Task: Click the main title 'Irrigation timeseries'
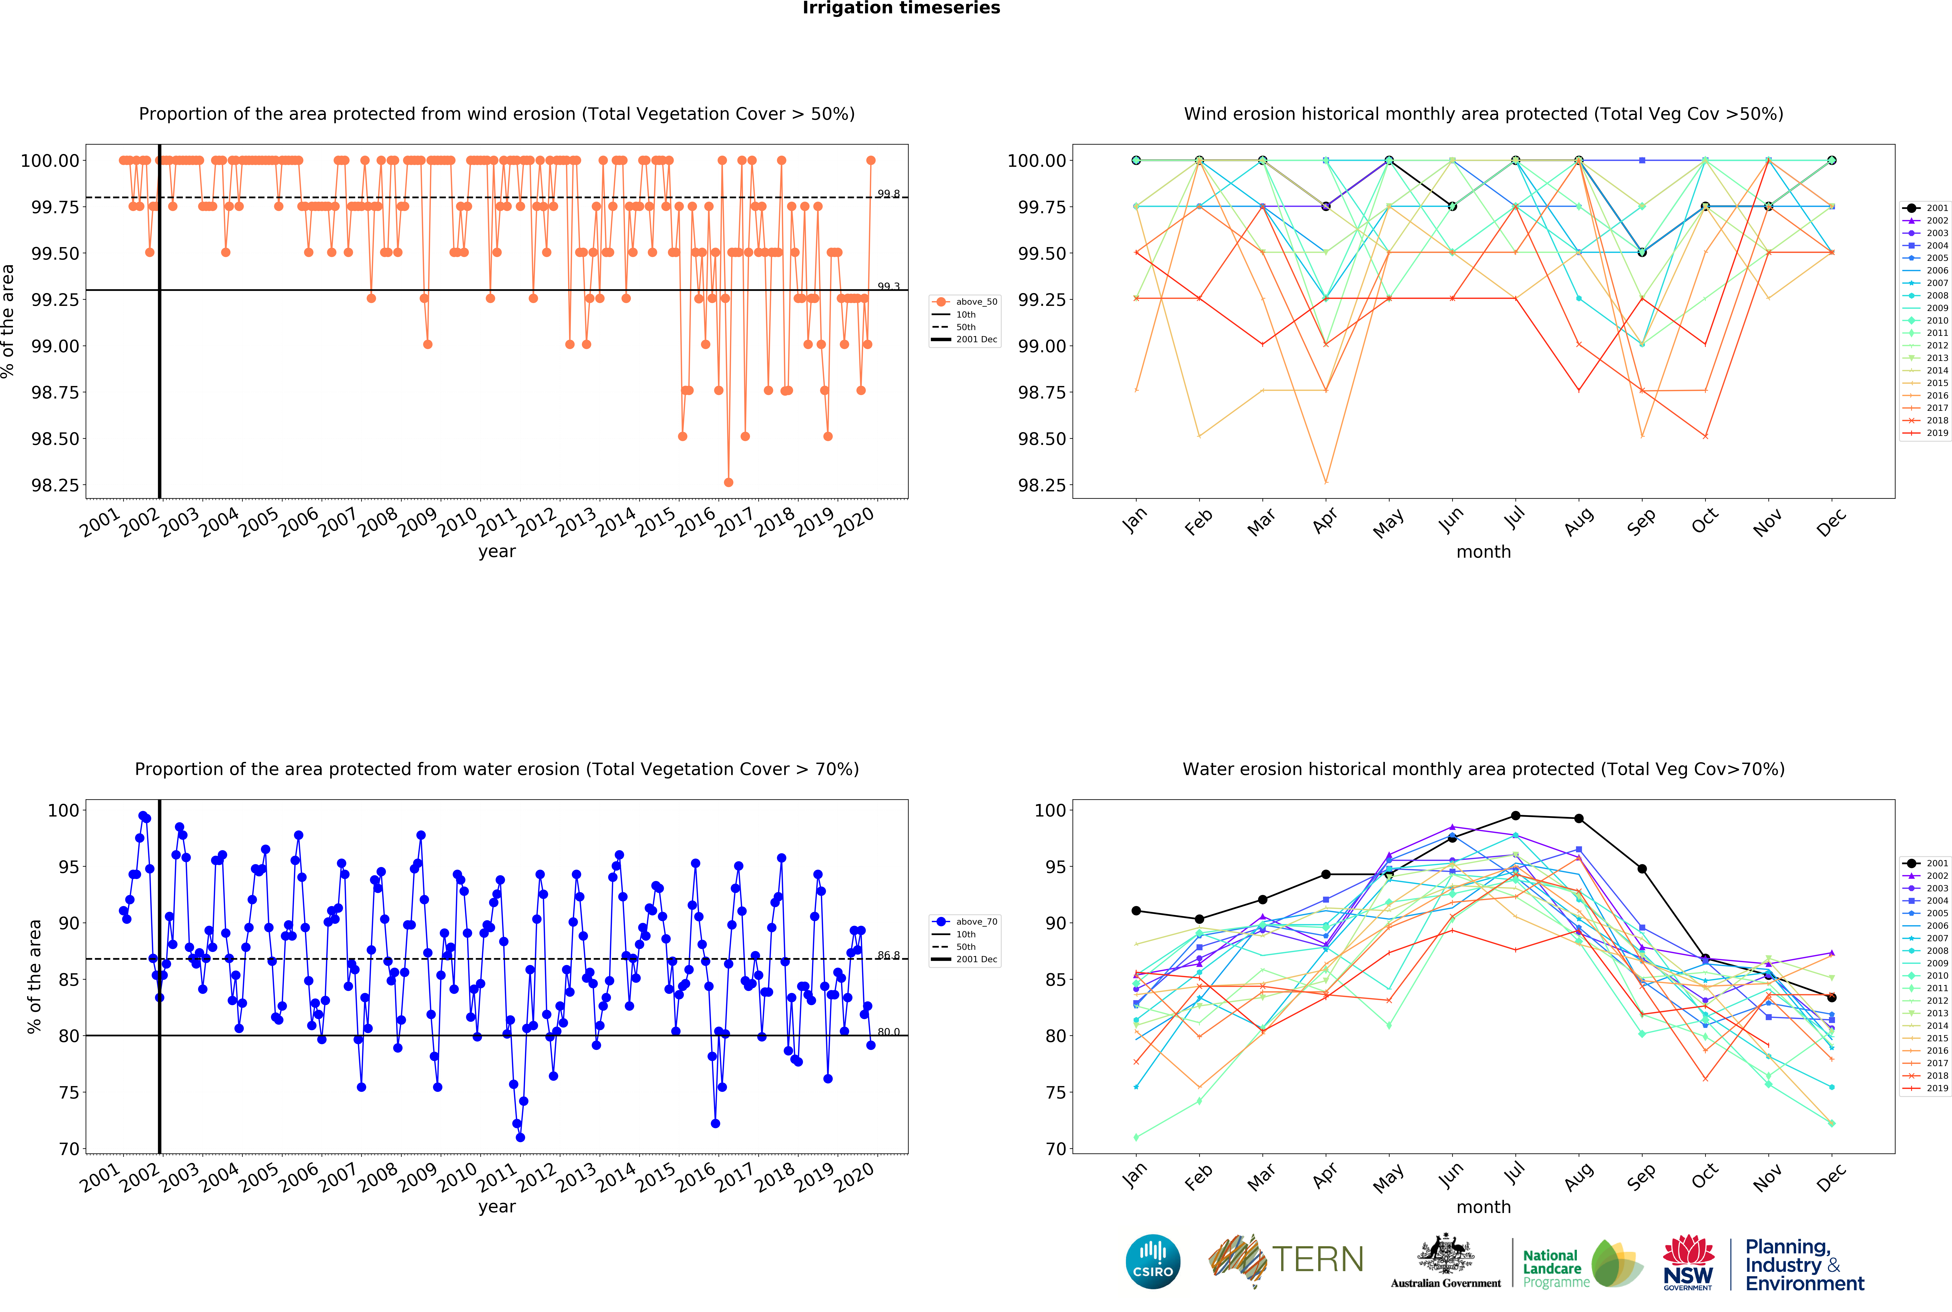(x=901, y=8)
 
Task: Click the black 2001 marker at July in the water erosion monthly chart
(x=1515, y=816)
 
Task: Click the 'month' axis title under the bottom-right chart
(x=1484, y=1207)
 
